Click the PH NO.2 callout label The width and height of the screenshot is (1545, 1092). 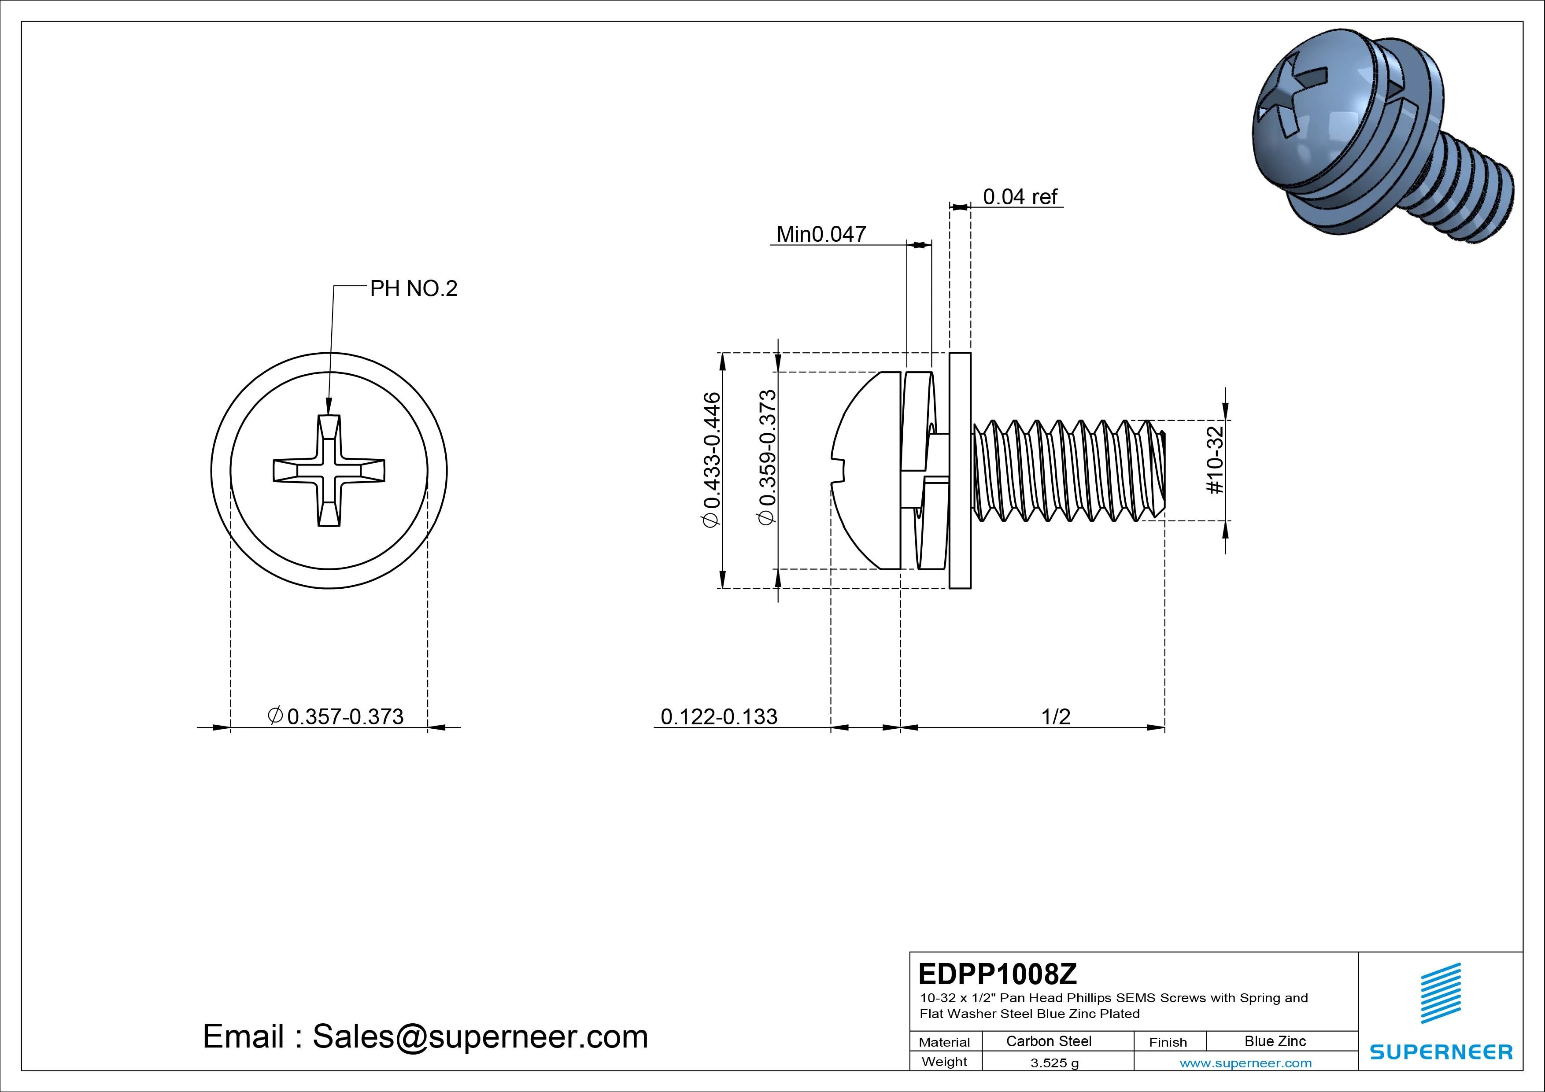pyautogui.click(x=413, y=289)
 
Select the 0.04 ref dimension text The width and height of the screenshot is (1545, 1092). pyautogui.click(x=1020, y=197)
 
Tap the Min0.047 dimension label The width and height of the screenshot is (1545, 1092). pyautogui.click(x=821, y=234)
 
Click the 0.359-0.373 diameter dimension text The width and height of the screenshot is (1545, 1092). pyautogui.click(x=768, y=457)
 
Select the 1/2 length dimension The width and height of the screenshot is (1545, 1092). pyautogui.click(x=1055, y=716)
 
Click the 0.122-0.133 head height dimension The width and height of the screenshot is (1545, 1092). pyautogui.click(x=719, y=716)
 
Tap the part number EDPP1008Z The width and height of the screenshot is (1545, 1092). pyautogui.click(x=997, y=974)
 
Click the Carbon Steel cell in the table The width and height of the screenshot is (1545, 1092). pyautogui.click(x=1048, y=1041)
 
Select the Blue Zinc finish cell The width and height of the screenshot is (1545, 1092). pyautogui.click(x=1275, y=1041)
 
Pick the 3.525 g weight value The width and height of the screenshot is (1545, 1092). pyautogui.click(x=1054, y=1063)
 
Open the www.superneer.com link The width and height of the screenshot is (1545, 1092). pyautogui.click(x=1246, y=1063)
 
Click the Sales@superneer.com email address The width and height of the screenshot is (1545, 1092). pyautogui.click(x=479, y=1037)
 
